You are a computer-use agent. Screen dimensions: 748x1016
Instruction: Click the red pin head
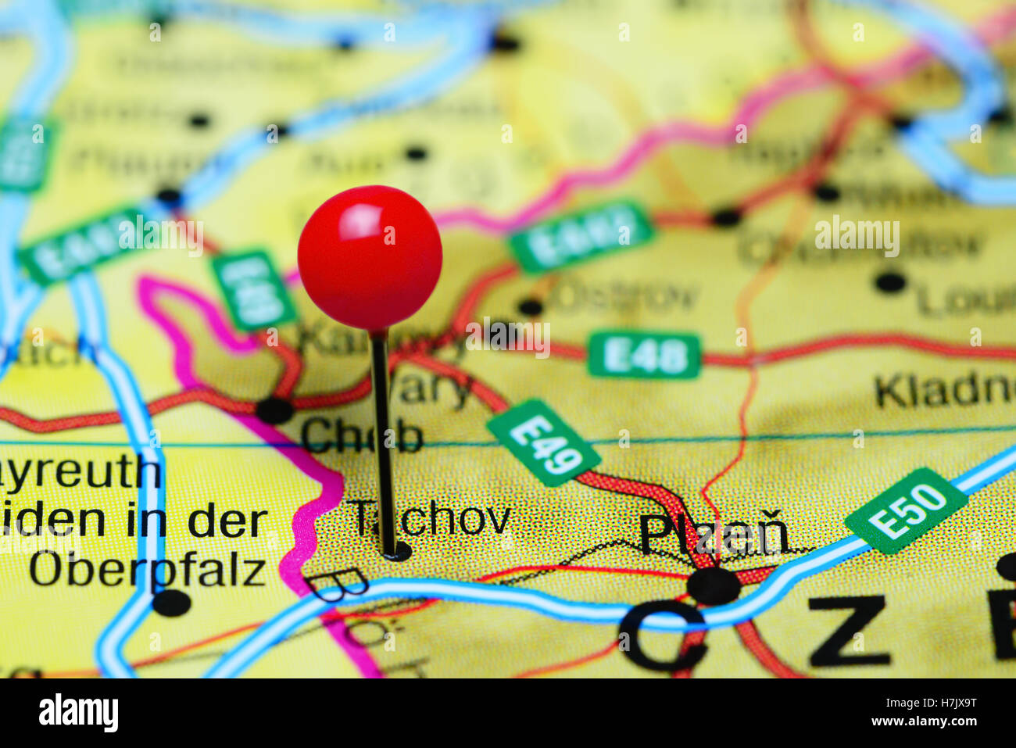(370, 257)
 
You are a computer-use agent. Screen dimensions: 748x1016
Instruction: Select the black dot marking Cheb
(274, 410)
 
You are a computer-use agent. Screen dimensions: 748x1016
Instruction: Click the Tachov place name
(431, 519)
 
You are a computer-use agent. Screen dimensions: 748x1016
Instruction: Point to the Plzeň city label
(713, 534)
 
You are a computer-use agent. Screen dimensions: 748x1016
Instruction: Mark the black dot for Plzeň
(713, 585)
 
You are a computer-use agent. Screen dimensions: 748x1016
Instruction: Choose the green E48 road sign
(644, 356)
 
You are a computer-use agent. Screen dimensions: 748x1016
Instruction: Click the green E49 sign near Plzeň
(543, 442)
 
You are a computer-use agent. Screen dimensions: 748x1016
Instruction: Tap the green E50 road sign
(906, 510)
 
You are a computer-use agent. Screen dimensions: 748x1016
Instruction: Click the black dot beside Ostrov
(531, 307)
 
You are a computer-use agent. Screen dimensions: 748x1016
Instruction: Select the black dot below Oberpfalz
(172, 603)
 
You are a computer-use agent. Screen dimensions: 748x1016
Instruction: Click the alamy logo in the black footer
(78, 713)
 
